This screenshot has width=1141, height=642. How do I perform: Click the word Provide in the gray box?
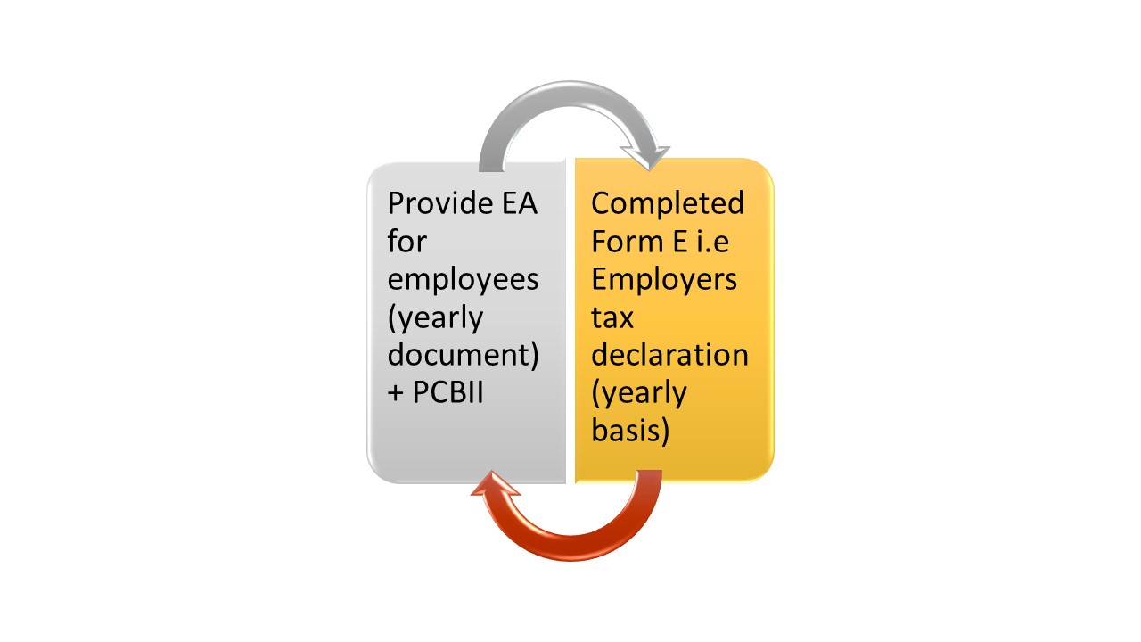point(440,203)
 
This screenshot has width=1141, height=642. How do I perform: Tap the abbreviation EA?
point(520,203)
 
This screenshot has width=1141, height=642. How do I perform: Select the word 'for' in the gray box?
point(406,241)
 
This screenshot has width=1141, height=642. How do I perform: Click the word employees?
point(463,280)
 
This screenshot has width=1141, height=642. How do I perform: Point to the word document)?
point(463,355)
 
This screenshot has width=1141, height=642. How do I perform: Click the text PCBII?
point(447,392)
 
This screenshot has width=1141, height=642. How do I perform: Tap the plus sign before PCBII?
point(395,393)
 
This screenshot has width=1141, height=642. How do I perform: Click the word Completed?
point(668,204)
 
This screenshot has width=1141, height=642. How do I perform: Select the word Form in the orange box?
point(628,241)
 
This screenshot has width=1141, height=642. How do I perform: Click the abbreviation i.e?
point(712,241)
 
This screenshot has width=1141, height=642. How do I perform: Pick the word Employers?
point(664,280)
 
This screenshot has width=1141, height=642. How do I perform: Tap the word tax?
point(612,317)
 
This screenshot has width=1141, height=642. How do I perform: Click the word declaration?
point(669,354)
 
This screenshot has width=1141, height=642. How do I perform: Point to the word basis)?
point(630,431)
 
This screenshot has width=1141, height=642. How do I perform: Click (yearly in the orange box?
point(639,393)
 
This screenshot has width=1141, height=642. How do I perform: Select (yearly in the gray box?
point(435,318)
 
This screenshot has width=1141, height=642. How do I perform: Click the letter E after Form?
point(680,241)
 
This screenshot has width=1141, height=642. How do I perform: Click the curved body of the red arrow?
point(570,548)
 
